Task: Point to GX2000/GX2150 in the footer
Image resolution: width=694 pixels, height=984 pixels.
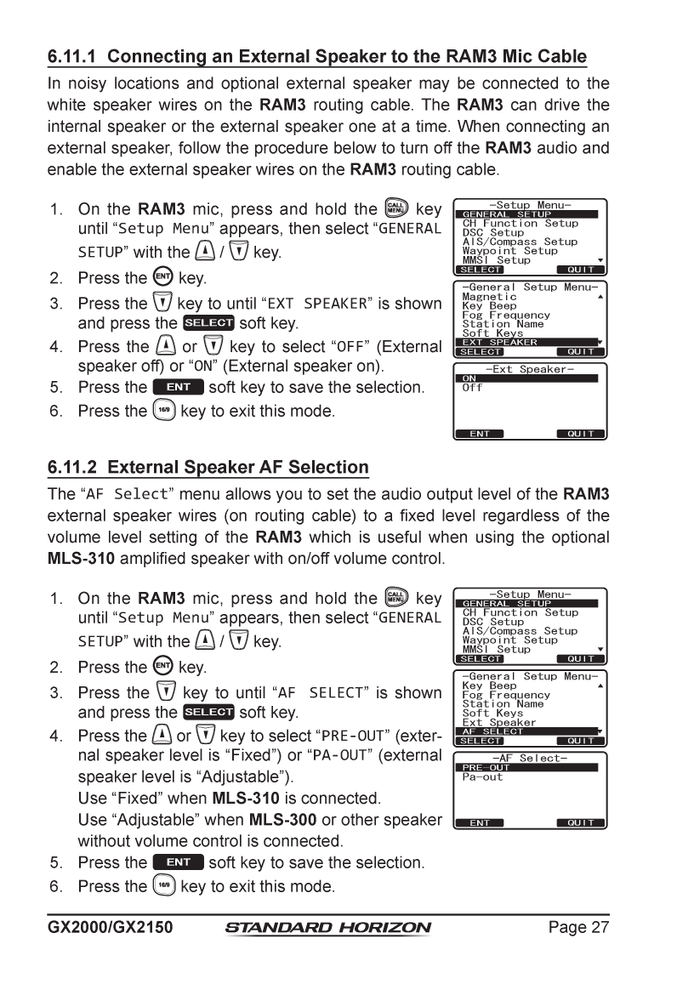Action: point(110,927)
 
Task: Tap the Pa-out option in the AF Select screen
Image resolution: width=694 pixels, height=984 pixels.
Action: point(482,777)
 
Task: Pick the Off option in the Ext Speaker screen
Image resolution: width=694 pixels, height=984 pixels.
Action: point(472,388)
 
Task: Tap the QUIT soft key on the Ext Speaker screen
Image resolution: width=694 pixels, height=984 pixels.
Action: point(582,434)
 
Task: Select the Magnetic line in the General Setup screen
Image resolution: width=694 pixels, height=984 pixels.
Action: point(489,297)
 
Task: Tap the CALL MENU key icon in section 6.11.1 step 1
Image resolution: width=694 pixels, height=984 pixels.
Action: point(397,210)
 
